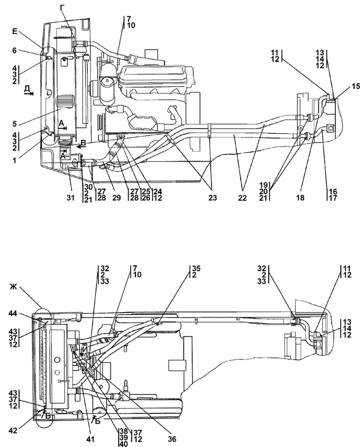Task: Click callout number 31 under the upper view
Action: coord(71,197)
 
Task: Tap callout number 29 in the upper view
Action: coord(116,197)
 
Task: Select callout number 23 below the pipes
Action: coord(212,197)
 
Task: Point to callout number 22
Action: coord(242,197)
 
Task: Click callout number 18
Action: coord(301,197)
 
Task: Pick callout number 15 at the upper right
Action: coord(355,86)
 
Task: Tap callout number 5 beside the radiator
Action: coord(14,124)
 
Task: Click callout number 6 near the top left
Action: coord(14,50)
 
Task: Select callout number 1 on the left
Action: coord(14,160)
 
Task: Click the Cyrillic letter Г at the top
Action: coord(63,8)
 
